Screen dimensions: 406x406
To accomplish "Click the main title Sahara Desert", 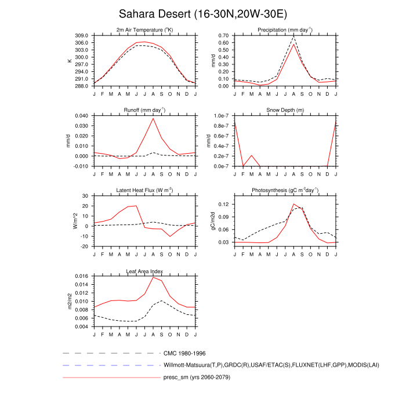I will coord(202,13).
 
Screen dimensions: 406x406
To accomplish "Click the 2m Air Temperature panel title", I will coord(144,30).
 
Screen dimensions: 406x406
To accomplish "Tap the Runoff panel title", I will coord(144,110).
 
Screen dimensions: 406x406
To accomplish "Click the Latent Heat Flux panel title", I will coord(144,190).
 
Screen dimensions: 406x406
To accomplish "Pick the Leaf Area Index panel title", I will coord(144,270).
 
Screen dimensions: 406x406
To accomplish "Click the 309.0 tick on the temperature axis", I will coord(82,36).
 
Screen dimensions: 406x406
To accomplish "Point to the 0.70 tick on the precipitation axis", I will coord(223,36).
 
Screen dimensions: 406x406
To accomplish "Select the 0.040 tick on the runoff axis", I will coord(81,116).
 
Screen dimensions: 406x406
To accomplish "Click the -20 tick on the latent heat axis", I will coord(85,246).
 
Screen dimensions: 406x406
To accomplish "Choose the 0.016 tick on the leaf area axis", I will coord(81,277).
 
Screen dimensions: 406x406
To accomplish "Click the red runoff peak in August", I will coord(153,118).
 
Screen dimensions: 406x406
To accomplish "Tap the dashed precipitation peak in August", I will coord(293,37).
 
